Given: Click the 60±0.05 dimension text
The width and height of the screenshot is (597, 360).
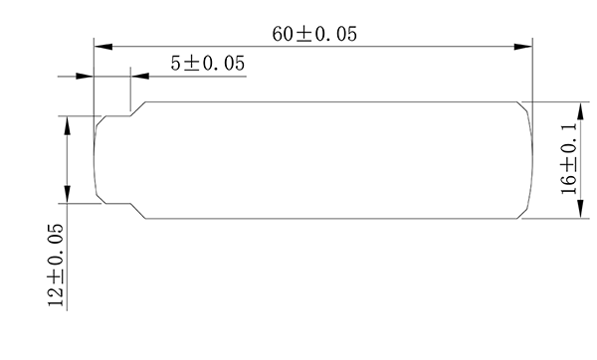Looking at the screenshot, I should (x=314, y=33).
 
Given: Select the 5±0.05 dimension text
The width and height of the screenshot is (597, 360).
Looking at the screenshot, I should (x=208, y=63).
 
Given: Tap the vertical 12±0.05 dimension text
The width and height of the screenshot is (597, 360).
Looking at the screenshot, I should (x=56, y=266).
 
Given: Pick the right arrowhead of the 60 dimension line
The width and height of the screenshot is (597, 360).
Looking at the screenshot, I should (x=526, y=46).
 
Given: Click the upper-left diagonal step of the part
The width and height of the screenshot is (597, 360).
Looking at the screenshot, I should (x=140, y=108).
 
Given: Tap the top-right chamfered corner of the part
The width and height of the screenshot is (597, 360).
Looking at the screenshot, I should (x=524, y=104).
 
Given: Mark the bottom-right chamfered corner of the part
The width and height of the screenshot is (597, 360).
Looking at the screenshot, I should (x=524, y=214).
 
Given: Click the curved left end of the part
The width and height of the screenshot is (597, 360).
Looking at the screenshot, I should (x=94, y=159).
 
